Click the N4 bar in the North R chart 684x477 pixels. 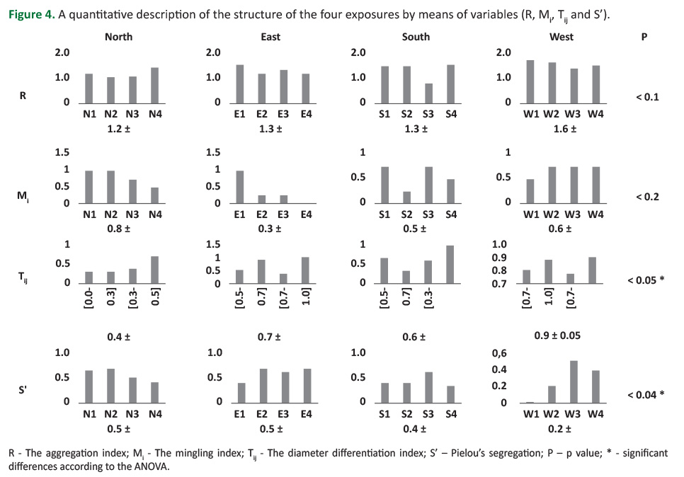155,86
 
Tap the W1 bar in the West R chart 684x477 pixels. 530,82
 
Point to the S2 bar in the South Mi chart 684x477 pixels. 406,197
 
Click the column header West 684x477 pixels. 562,37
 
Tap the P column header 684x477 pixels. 644,37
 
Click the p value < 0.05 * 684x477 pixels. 646,280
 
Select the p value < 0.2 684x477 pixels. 647,197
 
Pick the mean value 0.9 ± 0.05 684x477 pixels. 557,335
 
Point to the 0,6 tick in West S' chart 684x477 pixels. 500,353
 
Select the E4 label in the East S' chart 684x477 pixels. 306,414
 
